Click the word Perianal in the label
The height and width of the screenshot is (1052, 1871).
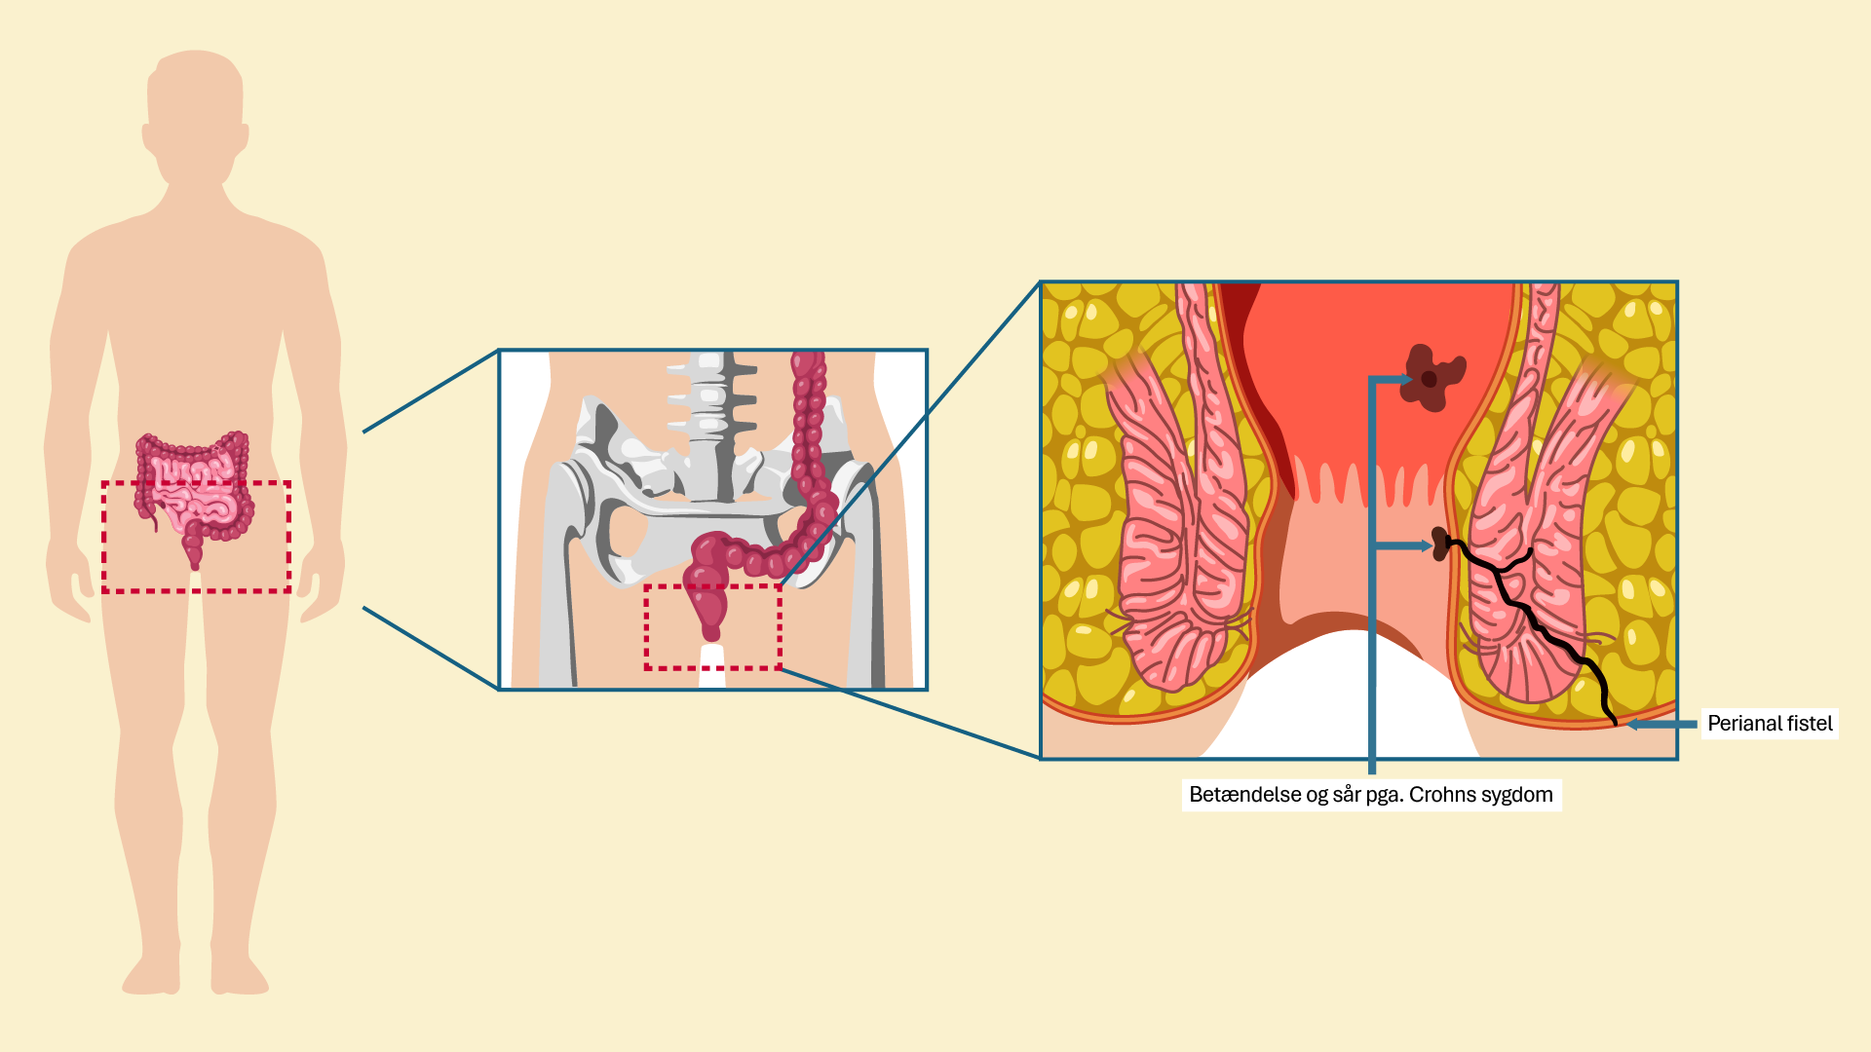(x=1744, y=724)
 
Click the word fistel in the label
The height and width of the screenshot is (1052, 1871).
(x=1811, y=724)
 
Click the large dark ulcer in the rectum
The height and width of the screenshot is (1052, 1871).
(x=1431, y=377)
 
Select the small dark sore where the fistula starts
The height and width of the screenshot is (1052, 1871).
(x=1441, y=543)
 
